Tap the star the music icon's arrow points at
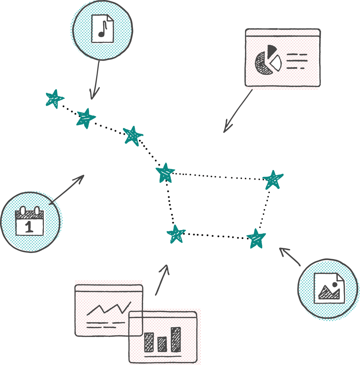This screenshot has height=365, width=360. (x=86, y=118)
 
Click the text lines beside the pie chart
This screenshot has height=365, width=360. (x=297, y=61)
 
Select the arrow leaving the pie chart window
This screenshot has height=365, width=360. (x=238, y=111)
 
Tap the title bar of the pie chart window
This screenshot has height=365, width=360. (x=282, y=33)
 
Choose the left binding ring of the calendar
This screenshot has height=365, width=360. (x=23, y=211)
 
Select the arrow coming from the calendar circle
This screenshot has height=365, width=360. (x=67, y=190)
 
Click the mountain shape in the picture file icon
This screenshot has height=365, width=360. (x=329, y=292)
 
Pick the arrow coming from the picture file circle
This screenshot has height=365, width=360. (x=290, y=257)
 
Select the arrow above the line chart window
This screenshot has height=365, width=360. (x=161, y=280)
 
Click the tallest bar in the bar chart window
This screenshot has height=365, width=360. (x=176, y=339)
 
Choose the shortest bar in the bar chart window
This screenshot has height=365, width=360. (x=162, y=344)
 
